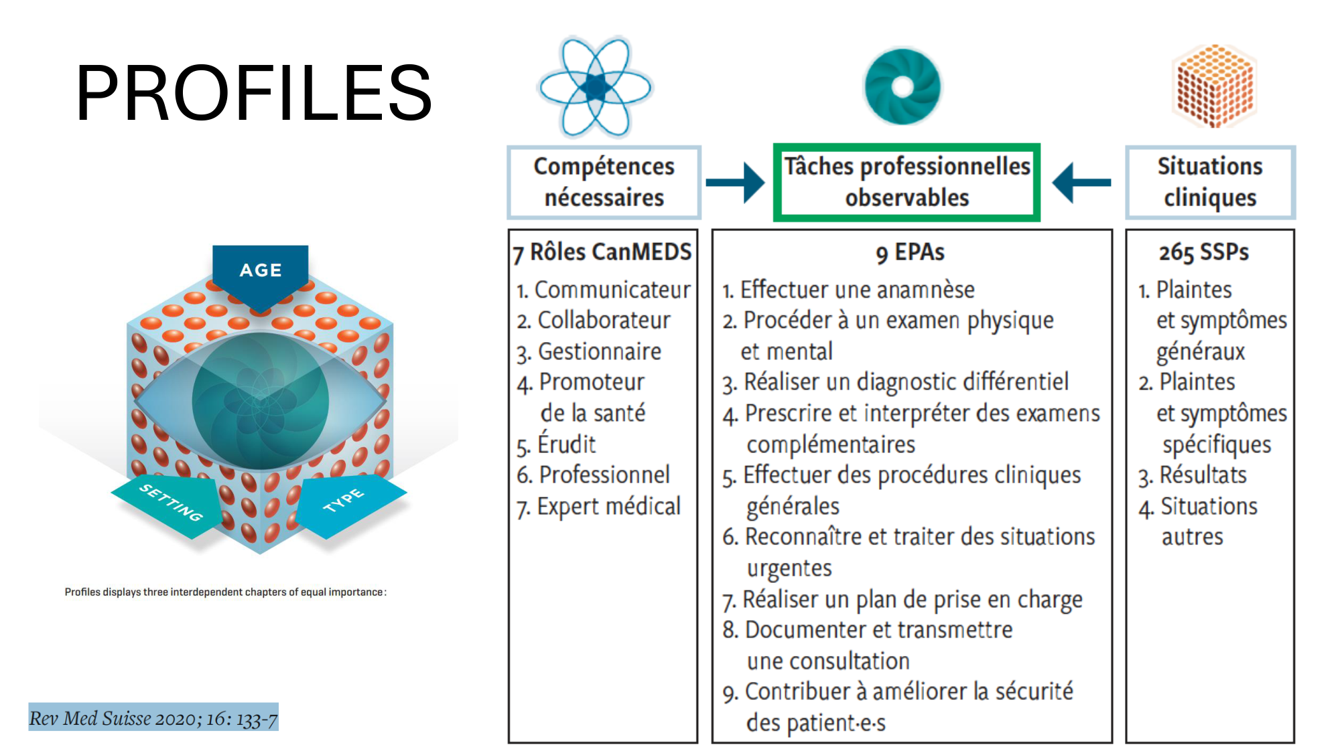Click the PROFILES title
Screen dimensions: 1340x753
coord(254,93)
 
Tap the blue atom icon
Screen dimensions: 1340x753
coord(595,87)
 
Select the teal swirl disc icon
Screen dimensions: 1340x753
coord(902,86)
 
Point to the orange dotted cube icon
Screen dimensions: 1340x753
coord(1214,86)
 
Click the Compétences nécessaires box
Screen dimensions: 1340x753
coord(604,182)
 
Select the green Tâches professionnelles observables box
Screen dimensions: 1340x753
coord(907,182)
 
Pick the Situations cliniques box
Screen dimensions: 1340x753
coord(1210,182)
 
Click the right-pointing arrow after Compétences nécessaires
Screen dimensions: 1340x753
coord(735,182)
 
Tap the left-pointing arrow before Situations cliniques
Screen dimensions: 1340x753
coord(1081,182)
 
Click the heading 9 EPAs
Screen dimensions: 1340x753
coord(910,252)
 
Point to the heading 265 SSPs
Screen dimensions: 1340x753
coord(1204,252)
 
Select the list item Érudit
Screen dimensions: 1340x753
coord(556,444)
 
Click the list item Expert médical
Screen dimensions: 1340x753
coord(598,507)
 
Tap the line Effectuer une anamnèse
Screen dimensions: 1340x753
coord(848,290)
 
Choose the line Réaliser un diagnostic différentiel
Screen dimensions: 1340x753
coord(895,382)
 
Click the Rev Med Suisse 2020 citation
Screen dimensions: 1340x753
coord(153,718)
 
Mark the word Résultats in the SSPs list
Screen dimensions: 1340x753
coord(1203,475)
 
